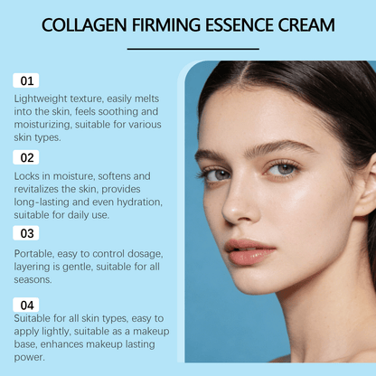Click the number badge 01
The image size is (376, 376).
pyautogui.click(x=26, y=81)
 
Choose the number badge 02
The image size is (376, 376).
pyautogui.click(x=26, y=157)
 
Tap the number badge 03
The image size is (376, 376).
pyautogui.click(x=26, y=233)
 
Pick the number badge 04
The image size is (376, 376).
pyautogui.click(x=26, y=305)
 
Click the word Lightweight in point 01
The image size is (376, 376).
pyautogui.click(x=45, y=98)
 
